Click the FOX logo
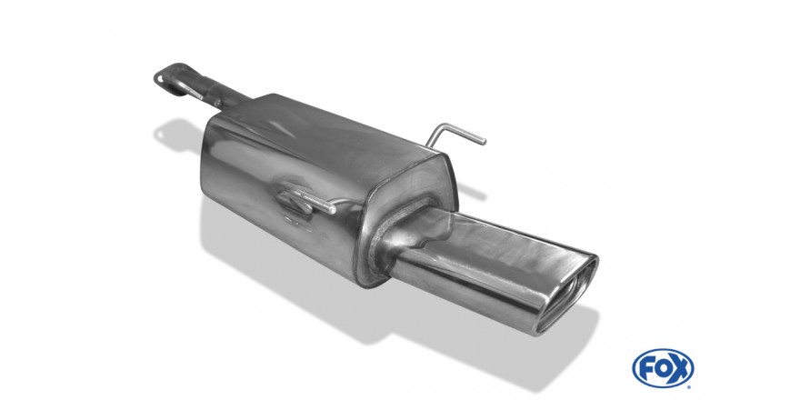[663, 368]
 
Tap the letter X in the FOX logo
[680, 368]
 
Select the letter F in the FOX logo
[645, 368]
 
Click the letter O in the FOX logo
[662, 368]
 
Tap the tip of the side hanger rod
[332, 209]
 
